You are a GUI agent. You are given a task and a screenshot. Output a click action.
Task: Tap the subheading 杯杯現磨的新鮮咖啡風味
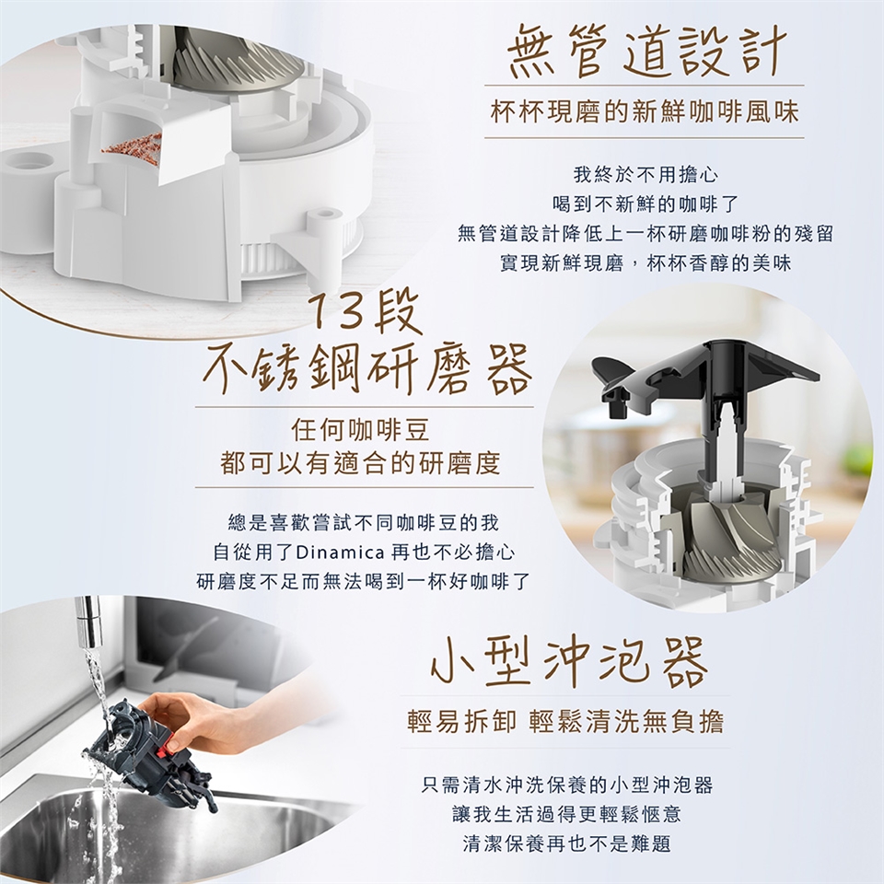645,111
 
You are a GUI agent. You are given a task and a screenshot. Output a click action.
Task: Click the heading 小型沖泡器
568,663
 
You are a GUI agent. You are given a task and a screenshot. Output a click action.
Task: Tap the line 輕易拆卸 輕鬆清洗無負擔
564,722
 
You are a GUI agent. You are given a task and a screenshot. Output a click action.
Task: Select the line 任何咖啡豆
361,431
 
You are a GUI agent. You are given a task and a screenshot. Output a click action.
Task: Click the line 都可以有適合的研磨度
361,463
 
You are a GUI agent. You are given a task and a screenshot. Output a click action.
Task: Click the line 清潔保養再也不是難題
567,843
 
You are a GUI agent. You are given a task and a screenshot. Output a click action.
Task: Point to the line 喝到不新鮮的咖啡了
645,204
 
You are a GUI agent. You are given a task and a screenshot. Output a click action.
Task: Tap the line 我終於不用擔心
645,175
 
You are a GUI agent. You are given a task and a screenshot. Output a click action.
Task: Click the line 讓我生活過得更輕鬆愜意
567,814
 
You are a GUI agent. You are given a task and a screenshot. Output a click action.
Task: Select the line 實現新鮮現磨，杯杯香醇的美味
645,263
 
